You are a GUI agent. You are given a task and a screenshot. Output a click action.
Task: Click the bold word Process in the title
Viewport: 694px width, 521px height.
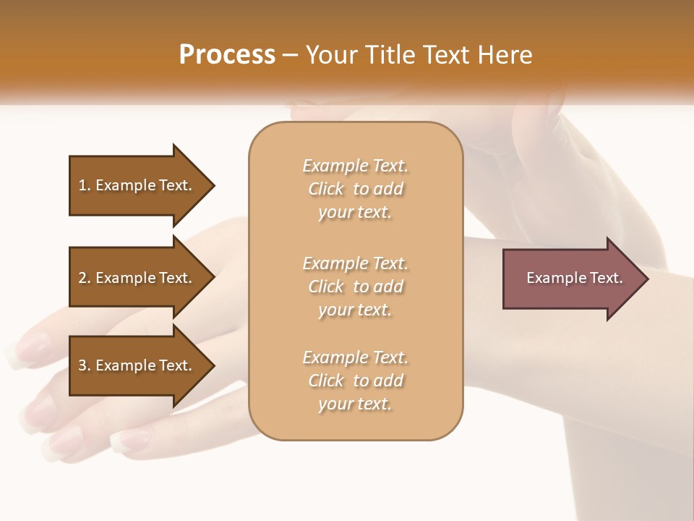coord(227,54)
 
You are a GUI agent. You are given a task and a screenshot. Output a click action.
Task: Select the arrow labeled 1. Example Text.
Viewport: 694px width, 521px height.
coord(135,185)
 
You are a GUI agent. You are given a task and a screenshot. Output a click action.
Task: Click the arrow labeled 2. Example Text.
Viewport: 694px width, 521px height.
coord(135,278)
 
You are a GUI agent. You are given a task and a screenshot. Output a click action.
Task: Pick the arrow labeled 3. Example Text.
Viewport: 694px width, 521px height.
coord(135,365)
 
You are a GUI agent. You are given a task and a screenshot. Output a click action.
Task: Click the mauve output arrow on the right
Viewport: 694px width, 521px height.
coord(571,278)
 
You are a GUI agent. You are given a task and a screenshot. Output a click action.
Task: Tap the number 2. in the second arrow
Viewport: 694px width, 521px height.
coord(85,278)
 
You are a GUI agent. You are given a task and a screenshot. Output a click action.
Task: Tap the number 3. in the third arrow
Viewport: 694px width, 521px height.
coord(85,365)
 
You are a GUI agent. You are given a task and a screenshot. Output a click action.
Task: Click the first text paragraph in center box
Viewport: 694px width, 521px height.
coord(355,189)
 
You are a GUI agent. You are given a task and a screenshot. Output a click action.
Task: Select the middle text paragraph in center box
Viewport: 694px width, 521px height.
coord(355,287)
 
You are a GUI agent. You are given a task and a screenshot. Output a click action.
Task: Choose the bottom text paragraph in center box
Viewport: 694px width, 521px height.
coord(355,381)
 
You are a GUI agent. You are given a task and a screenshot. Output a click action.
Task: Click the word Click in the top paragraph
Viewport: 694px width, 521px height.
coord(326,189)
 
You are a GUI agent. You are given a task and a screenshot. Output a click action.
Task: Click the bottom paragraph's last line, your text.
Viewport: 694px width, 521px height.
coord(355,404)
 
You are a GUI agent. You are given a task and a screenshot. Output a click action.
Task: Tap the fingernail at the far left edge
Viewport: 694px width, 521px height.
coord(16,355)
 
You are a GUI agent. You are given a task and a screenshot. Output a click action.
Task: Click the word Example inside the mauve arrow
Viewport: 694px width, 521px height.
coord(552,278)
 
